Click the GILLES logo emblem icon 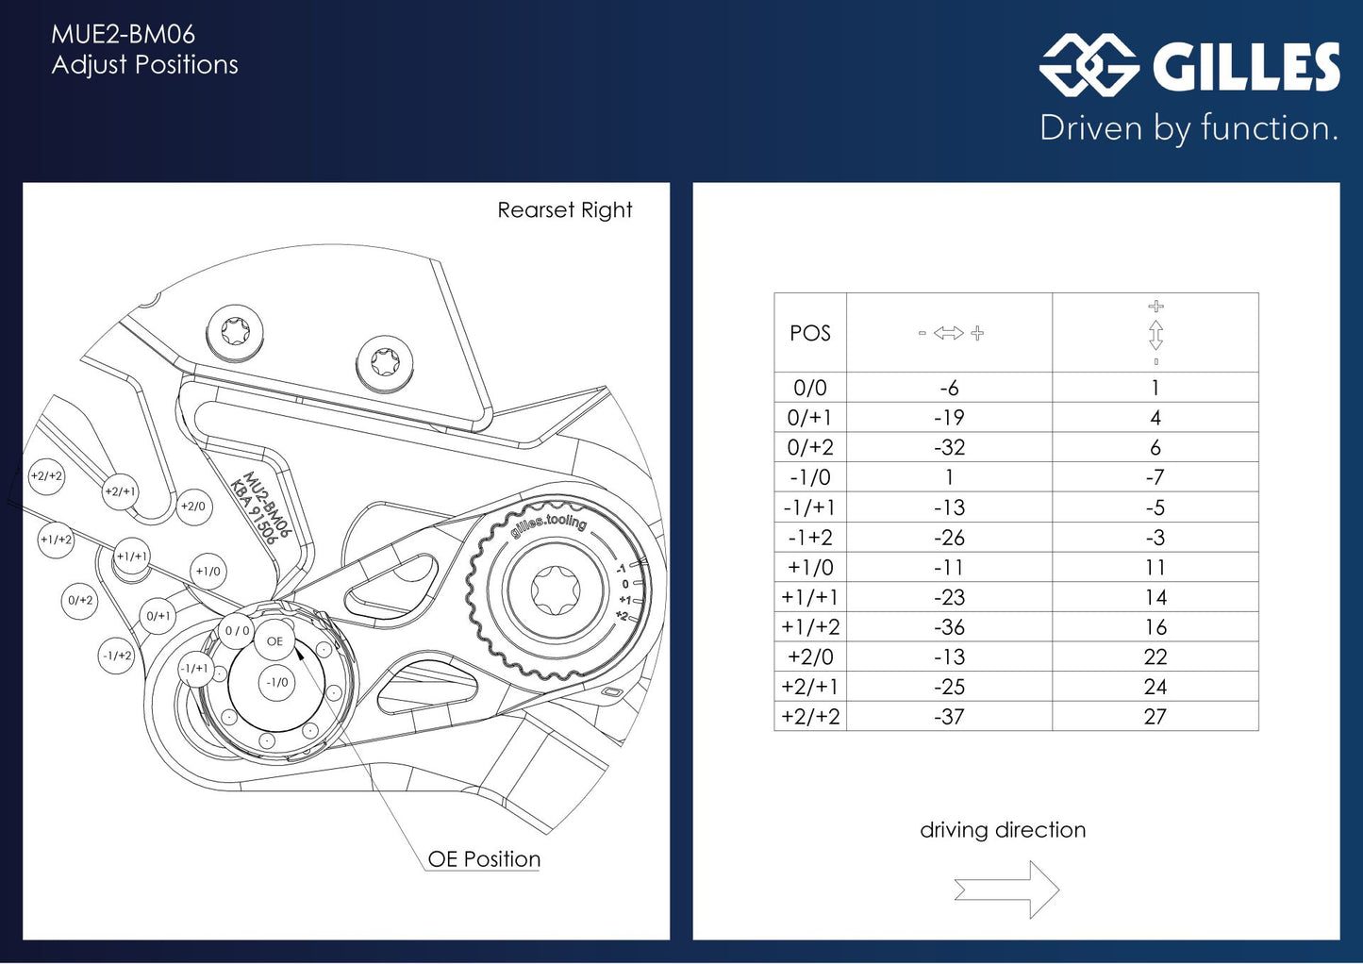tap(1089, 65)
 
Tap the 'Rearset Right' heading tap(564, 210)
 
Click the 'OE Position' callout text tap(484, 859)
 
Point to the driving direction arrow tap(1006, 889)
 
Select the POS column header tap(810, 333)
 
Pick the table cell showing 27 tap(1155, 717)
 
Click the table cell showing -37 tap(949, 717)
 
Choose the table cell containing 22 tap(1155, 657)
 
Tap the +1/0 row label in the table tap(810, 567)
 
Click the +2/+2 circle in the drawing tap(46, 476)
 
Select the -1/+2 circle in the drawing tap(117, 656)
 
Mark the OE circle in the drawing tap(274, 641)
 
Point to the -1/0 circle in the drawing tap(277, 682)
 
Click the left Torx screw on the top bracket tap(235, 332)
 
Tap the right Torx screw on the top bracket tap(385, 363)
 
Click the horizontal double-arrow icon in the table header tap(949, 333)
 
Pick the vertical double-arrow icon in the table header tap(1155, 334)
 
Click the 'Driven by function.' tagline tap(1188, 128)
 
